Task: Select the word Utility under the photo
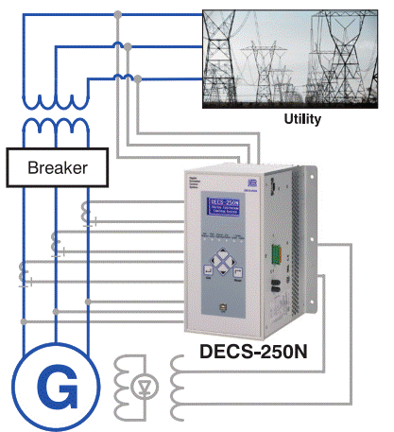[303, 120]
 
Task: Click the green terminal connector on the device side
[275, 252]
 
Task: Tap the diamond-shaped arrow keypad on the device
[224, 260]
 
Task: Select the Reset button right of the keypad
[243, 274]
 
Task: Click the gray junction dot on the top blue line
[117, 14]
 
